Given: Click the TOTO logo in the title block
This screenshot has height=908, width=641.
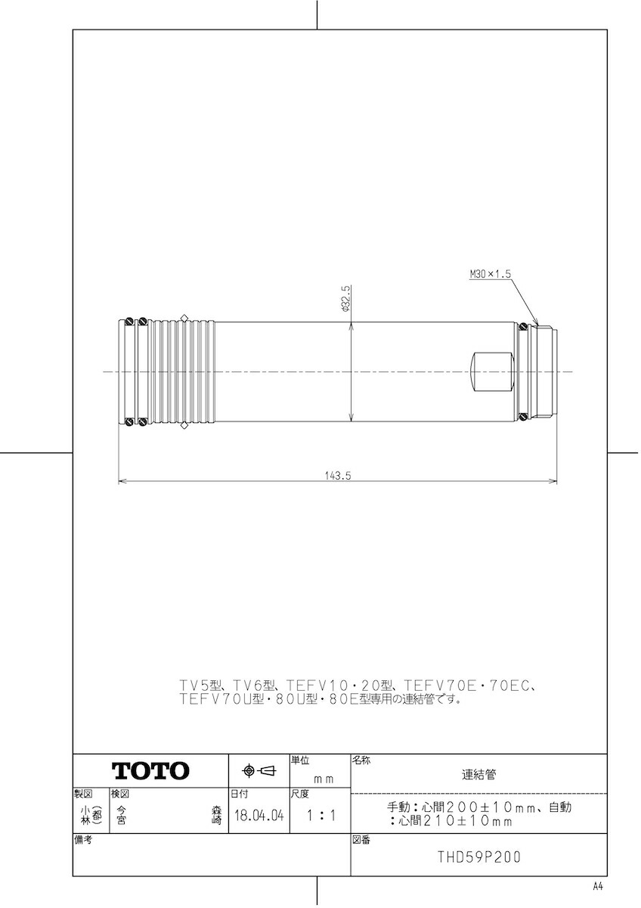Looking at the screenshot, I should tap(150, 771).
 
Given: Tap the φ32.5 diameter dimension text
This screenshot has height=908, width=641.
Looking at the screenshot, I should tap(345, 298).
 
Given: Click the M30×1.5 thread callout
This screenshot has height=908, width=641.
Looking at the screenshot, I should tap(491, 275).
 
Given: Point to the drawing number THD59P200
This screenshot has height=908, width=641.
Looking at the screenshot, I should tap(479, 858).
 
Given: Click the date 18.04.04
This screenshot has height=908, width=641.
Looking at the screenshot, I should tap(259, 816).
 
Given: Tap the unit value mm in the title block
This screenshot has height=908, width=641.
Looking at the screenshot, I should tap(323, 778).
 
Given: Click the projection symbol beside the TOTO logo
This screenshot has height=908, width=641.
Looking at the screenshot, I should tap(258, 771).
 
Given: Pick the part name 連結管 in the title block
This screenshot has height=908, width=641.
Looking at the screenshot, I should tap(479, 775).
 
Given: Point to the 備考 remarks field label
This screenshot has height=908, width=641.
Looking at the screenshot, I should tap(83, 840).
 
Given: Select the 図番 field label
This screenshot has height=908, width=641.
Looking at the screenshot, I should tap(361, 840).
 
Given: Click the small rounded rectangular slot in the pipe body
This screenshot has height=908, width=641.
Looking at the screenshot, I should tap(491, 372).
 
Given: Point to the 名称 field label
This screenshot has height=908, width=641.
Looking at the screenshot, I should tap(361, 760).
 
